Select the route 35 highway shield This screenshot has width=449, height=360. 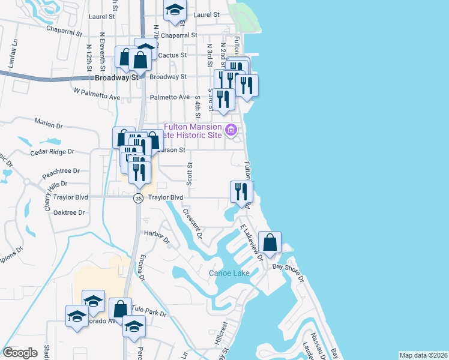point(139,198)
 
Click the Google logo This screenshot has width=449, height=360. point(20,353)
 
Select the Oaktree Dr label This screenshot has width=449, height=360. point(68,212)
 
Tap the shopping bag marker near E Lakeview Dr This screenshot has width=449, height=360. point(270,243)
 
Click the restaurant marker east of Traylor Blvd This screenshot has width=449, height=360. point(242,192)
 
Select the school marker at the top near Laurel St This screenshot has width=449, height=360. point(175,11)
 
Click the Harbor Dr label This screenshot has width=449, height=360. point(158,238)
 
